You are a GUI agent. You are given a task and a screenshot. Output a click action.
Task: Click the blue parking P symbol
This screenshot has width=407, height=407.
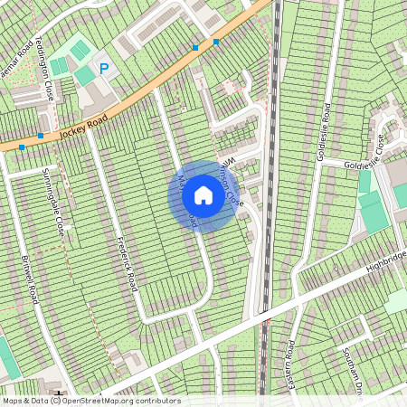[103, 68]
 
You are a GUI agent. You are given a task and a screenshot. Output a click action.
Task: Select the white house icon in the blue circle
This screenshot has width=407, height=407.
[203, 195]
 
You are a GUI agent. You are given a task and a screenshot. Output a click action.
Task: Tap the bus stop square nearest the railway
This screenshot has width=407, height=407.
[216, 42]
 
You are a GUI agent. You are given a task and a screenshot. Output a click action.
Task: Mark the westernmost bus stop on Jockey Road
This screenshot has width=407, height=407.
[22, 147]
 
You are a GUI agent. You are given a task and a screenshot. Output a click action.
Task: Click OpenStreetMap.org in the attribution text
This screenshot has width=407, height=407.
[100, 400]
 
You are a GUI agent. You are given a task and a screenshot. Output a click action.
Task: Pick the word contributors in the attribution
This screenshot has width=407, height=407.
[160, 400]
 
